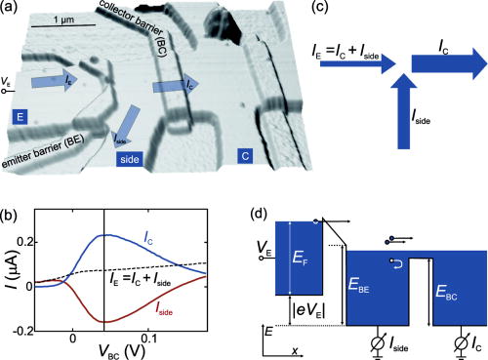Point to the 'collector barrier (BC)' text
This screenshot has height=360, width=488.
[145, 28]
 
